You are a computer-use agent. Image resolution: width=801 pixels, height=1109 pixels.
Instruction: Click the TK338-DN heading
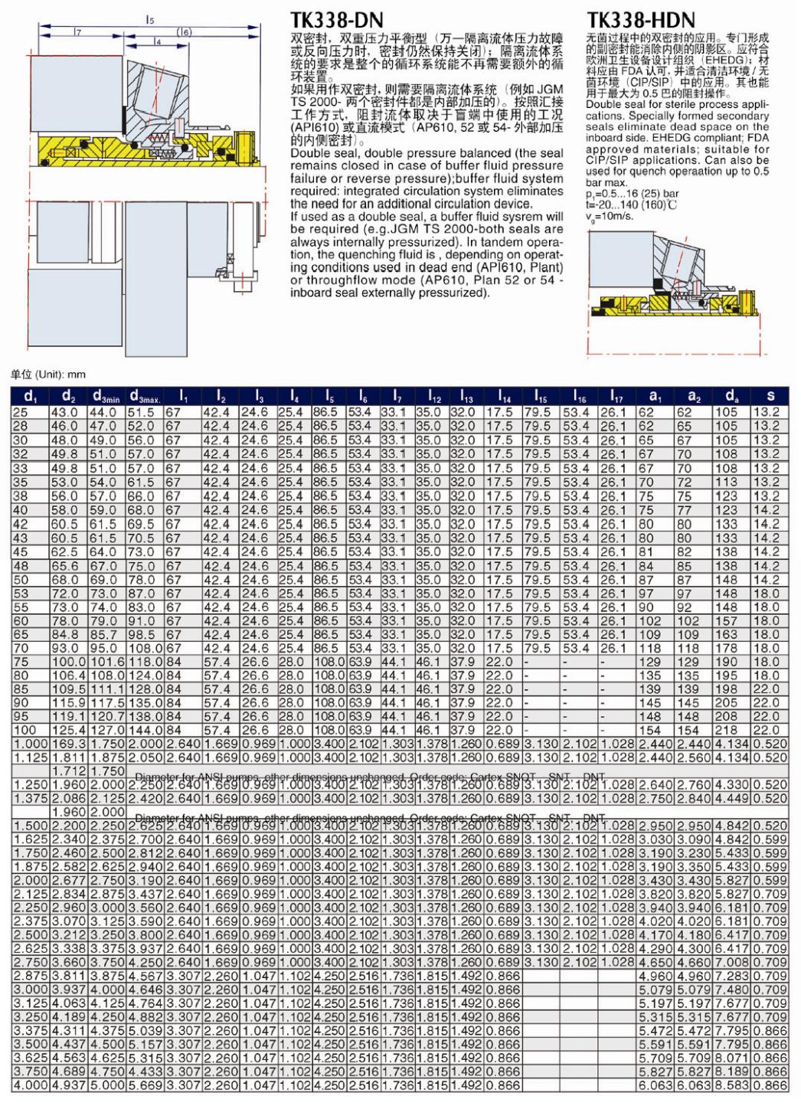pyautogui.click(x=336, y=19)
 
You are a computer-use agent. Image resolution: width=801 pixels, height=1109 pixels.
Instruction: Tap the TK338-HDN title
pyautogui.click(x=641, y=19)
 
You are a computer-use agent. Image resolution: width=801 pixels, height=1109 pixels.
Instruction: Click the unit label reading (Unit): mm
pyautogui.click(x=47, y=375)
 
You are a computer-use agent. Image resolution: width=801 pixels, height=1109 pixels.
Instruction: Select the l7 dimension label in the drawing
pyautogui.click(x=78, y=32)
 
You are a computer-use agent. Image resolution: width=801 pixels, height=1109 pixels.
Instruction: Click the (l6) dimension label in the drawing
pyautogui.click(x=184, y=31)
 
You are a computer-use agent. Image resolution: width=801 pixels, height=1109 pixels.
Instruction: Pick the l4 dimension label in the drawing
pyautogui.click(x=158, y=42)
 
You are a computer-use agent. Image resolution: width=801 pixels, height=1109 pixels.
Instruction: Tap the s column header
pyautogui.click(x=770, y=397)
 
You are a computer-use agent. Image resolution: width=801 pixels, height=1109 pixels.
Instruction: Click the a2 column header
pyautogui.click(x=693, y=397)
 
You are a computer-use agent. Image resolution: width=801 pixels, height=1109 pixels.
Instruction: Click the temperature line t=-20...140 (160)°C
pyautogui.click(x=631, y=204)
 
